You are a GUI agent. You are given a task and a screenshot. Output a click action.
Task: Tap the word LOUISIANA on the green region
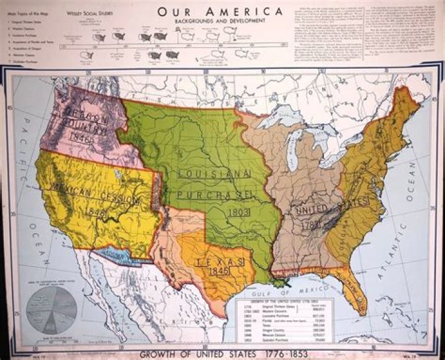(x=213, y=174)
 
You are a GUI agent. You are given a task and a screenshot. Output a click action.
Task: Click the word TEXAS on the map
(x=217, y=263)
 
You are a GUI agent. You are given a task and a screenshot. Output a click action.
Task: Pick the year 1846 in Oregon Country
(x=80, y=137)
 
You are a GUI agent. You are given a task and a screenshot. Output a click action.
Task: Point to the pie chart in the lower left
(x=51, y=311)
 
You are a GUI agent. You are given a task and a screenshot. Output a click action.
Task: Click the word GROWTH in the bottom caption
(x=163, y=354)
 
